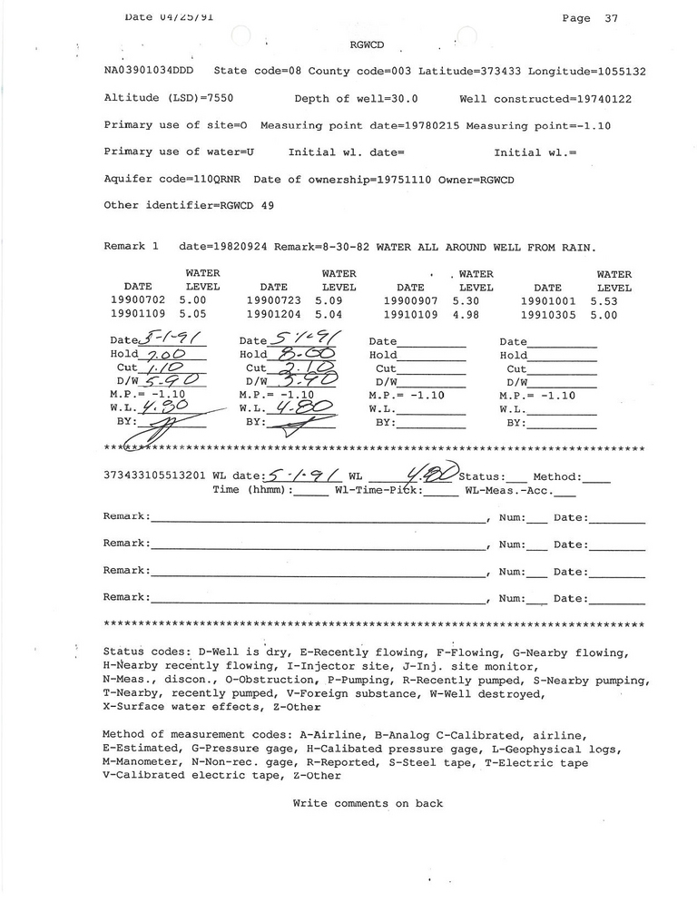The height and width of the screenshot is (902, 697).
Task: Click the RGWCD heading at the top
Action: click(x=366, y=44)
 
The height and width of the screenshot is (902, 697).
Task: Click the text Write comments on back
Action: click(x=368, y=804)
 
